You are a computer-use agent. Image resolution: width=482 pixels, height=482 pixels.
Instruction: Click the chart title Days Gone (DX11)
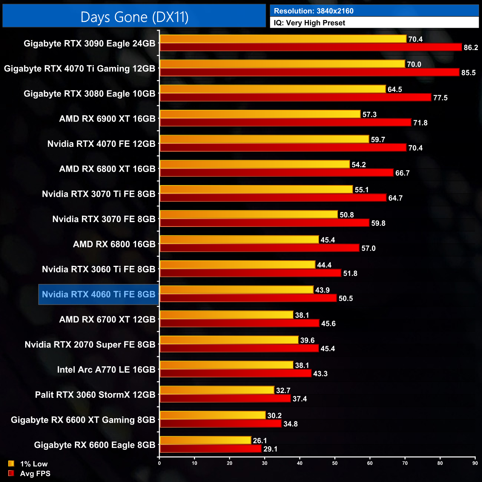click(x=134, y=17)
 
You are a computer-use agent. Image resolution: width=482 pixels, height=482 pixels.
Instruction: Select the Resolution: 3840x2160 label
click(x=313, y=11)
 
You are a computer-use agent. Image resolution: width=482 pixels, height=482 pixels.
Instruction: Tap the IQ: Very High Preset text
click(x=309, y=23)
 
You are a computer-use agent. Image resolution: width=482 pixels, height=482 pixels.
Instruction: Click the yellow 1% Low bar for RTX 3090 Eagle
click(x=283, y=39)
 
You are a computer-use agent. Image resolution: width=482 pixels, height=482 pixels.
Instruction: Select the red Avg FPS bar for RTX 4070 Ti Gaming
click(x=309, y=72)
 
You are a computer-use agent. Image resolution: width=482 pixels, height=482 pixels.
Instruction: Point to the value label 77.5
click(x=440, y=98)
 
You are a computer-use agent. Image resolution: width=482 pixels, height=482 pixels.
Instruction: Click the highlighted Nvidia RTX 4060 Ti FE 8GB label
click(x=99, y=294)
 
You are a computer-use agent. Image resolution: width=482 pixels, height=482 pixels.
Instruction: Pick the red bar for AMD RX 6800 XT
click(x=276, y=173)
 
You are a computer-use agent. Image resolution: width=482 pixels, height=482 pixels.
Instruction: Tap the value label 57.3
click(x=369, y=115)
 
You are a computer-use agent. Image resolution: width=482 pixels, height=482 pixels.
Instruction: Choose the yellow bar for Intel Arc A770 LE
click(x=226, y=365)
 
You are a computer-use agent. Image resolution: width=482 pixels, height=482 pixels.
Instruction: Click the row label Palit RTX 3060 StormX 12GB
click(x=95, y=395)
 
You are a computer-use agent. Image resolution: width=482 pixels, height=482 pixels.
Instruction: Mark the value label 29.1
click(x=270, y=449)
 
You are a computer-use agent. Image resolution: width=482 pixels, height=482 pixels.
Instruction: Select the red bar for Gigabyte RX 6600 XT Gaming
click(x=220, y=424)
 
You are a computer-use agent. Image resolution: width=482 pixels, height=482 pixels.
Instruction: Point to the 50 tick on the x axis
click(x=335, y=463)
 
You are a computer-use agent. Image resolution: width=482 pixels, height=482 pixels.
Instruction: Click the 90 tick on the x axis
click(x=475, y=463)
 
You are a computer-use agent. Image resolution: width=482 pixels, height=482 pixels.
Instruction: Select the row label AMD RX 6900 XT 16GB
click(x=107, y=119)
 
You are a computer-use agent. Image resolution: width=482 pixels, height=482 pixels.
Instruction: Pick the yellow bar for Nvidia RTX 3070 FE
click(x=248, y=215)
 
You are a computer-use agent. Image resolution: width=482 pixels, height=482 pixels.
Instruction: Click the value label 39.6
click(x=307, y=340)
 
